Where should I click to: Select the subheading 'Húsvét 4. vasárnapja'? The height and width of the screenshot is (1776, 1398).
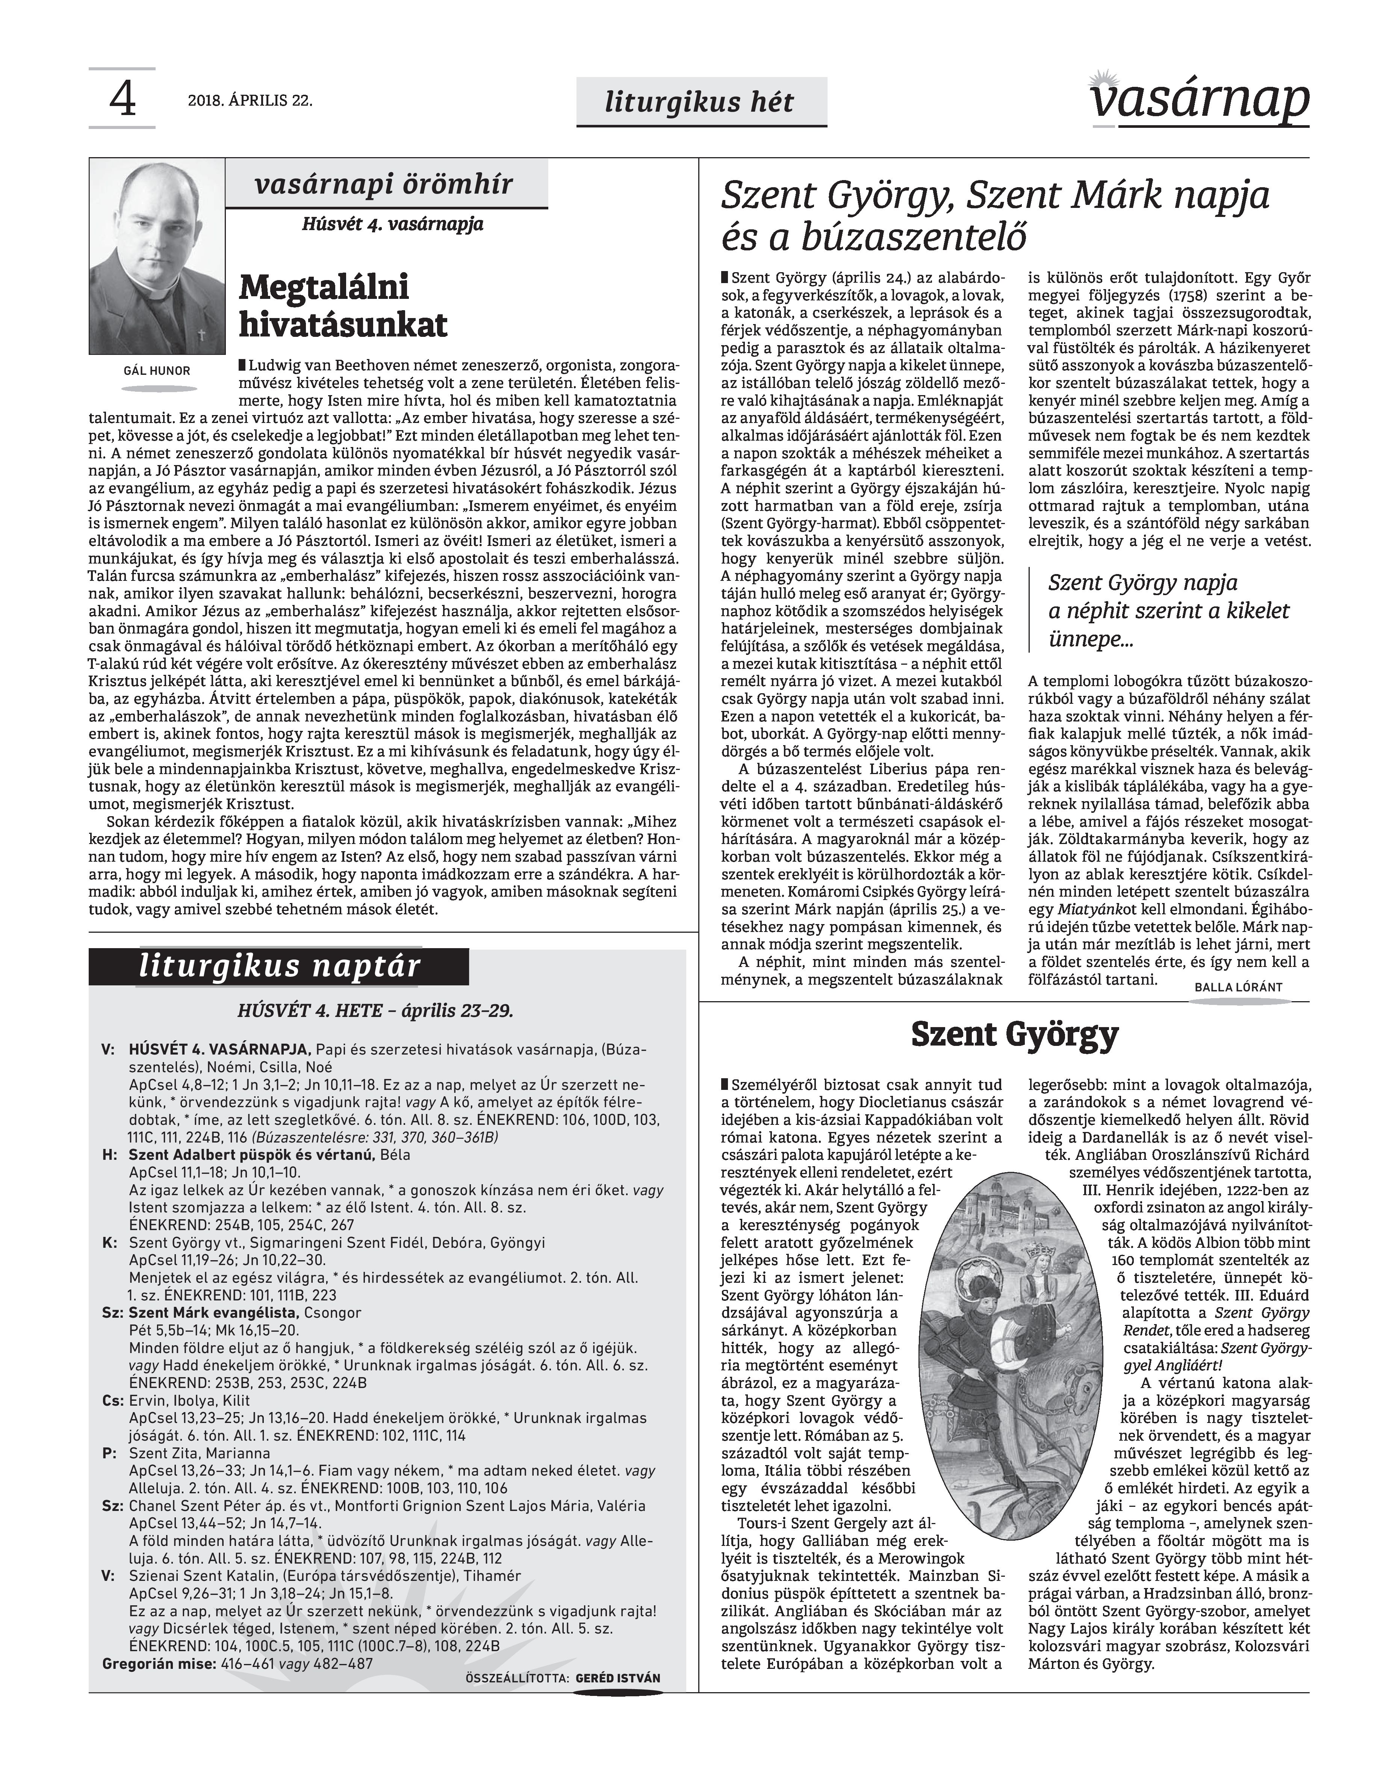click(x=393, y=224)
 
